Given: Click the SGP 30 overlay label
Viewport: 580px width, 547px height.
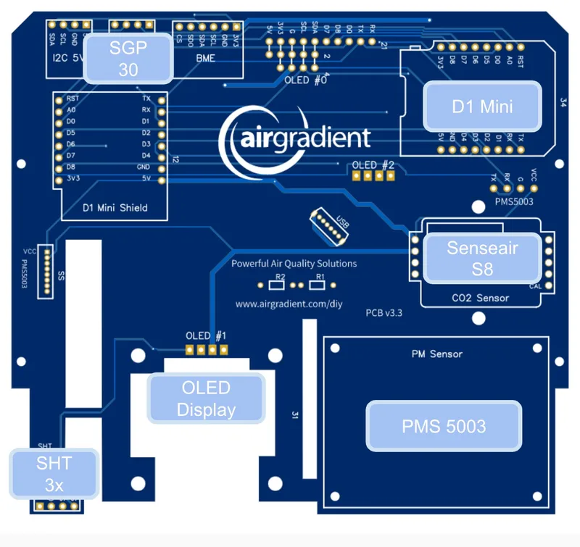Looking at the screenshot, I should tap(128, 59).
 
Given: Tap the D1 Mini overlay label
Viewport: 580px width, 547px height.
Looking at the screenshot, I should tap(482, 107).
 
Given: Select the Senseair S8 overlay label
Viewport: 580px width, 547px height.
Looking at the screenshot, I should tap(482, 257).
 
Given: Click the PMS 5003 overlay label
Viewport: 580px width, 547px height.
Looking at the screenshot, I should tap(444, 426).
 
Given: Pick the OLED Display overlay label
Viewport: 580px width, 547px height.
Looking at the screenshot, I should tap(206, 398).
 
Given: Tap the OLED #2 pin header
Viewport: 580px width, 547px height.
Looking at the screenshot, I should tap(372, 175).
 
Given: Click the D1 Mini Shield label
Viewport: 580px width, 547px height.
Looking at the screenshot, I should tap(115, 208).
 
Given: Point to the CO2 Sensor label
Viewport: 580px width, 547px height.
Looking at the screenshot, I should tap(480, 298).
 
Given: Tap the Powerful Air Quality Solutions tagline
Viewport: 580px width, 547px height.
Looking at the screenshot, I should tap(294, 264).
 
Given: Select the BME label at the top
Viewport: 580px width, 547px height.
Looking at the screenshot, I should tap(205, 58).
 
